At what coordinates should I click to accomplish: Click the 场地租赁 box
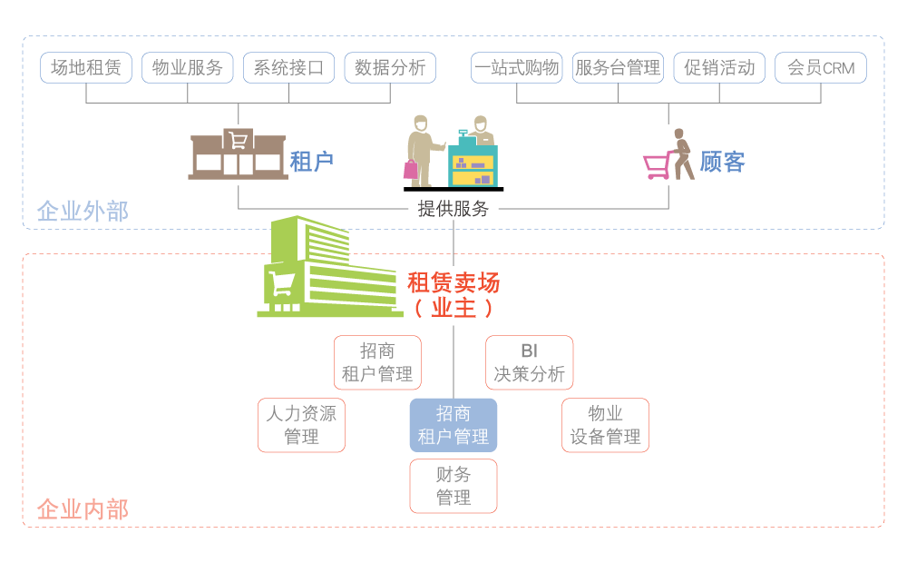pos(86,68)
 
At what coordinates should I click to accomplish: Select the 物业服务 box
pos(188,68)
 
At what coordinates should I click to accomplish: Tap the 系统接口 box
pos(288,68)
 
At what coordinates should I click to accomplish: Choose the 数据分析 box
pos(390,68)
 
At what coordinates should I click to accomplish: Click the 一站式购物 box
pos(517,68)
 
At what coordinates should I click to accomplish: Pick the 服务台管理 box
pos(618,68)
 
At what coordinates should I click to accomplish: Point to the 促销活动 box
pos(719,68)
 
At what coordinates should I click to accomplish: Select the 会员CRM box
pos(821,68)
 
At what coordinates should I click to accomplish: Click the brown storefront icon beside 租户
pos(238,154)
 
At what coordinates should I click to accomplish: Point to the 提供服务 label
pos(453,209)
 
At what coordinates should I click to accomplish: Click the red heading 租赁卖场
pos(453,282)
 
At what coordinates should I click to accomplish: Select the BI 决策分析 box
pos(529,362)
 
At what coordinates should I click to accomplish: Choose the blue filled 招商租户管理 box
pos(453,425)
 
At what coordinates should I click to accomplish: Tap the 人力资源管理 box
pos(301,425)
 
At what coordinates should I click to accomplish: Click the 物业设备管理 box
pos(605,425)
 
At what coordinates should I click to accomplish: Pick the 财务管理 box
pos(453,486)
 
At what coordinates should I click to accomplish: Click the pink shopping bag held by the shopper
pos(411,169)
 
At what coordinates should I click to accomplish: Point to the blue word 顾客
pos(722,163)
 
